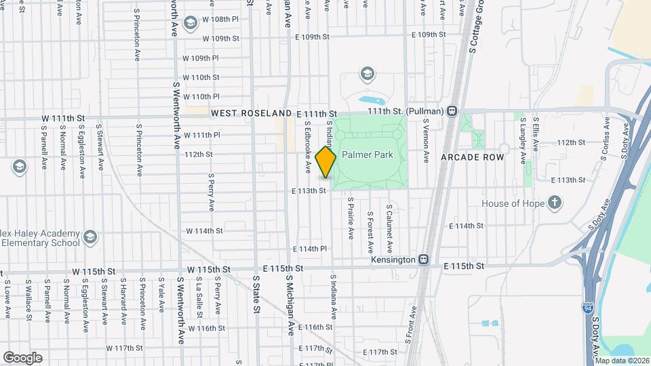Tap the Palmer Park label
click(368, 155)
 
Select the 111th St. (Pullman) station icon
click(452, 111)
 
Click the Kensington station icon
click(424, 259)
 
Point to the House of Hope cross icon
click(555, 203)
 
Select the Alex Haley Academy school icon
click(91, 237)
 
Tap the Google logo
click(22, 357)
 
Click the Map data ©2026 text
click(622, 361)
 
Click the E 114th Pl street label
click(311, 249)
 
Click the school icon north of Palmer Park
click(367, 73)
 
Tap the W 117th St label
click(124, 348)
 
